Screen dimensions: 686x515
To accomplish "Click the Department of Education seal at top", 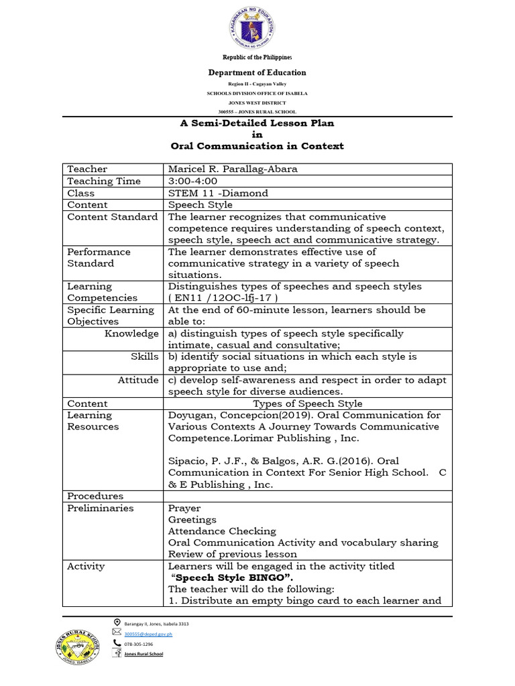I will (257, 27).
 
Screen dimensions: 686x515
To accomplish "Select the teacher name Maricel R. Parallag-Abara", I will (233, 169).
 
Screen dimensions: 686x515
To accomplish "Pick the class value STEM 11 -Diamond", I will (218, 193).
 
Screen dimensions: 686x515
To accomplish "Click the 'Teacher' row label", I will (87, 169).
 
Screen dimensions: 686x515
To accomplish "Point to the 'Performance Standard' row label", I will (99, 257).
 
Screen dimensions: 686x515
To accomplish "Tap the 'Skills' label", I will (145, 356).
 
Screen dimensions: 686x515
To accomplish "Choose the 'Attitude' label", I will (138, 380).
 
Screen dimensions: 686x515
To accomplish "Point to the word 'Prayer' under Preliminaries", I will (184, 508).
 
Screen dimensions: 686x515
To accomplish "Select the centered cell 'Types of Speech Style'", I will (307, 403).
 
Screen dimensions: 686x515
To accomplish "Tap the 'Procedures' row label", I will (95, 496).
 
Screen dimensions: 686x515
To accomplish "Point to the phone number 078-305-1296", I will (139, 643).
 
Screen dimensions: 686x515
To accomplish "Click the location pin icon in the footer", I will (117, 622).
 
